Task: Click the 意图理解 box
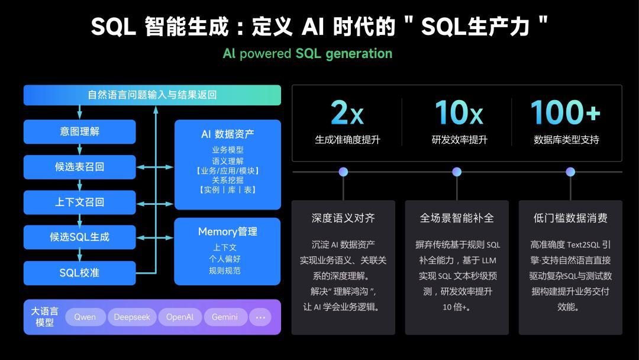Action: [x=79, y=131]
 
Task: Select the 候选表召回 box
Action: [x=79, y=167]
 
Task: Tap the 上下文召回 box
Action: [x=79, y=202]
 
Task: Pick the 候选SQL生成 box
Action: [x=79, y=237]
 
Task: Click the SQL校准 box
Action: [x=79, y=273]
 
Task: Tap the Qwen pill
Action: [x=85, y=317]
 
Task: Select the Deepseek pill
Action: [x=132, y=317]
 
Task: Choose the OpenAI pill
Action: [x=180, y=317]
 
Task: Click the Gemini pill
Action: [x=225, y=317]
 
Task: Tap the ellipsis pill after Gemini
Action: [x=260, y=317]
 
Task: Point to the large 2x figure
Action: [x=347, y=112]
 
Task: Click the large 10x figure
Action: [x=459, y=112]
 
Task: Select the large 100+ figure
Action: [x=565, y=112]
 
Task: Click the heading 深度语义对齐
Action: [x=343, y=218]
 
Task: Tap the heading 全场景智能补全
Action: [x=457, y=218]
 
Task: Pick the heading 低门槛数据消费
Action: [x=570, y=218]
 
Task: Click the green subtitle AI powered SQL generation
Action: [x=307, y=53]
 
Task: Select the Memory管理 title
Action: [x=227, y=232]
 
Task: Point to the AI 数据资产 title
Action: [x=227, y=134]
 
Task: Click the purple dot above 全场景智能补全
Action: [x=457, y=172]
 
